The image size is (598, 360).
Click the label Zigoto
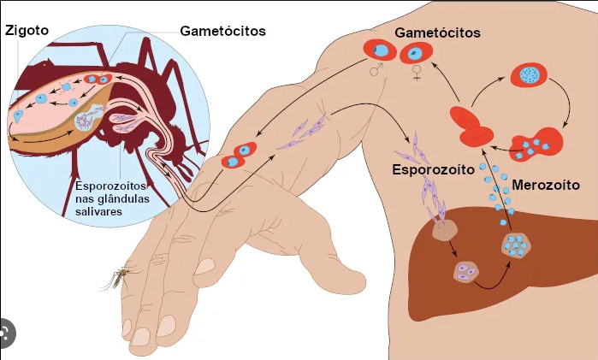(x=26, y=31)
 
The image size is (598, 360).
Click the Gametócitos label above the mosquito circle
(x=222, y=31)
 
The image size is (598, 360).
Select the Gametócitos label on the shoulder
(x=437, y=32)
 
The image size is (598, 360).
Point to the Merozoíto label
(x=546, y=185)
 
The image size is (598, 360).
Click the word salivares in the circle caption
(x=98, y=210)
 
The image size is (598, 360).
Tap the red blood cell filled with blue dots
(x=530, y=76)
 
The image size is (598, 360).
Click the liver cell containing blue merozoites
(x=518, y=246)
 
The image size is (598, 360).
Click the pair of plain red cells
(x=471, y=127)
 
